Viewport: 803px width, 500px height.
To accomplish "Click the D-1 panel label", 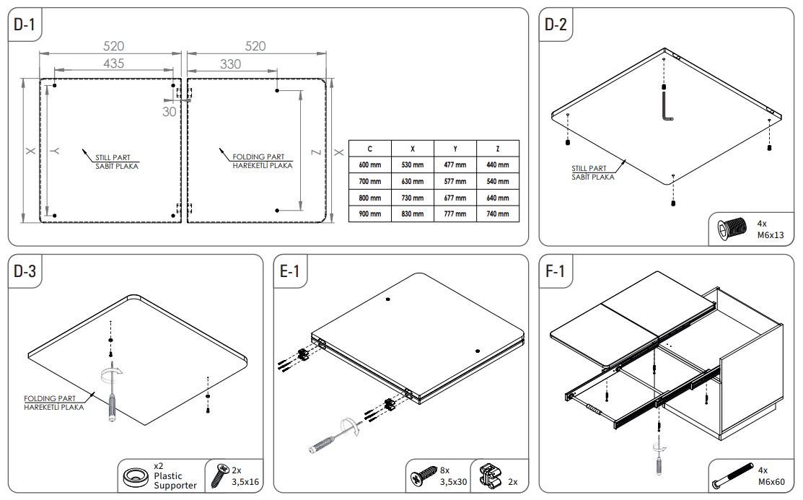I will click(24, 25).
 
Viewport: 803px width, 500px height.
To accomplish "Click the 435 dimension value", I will click(113, 63).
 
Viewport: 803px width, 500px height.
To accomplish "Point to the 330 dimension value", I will click(230, 63).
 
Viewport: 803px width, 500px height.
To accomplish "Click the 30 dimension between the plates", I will click(169, 111).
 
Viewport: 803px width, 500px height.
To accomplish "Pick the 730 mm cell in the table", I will click(412, 198).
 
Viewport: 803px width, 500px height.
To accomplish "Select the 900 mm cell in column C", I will click(369, 214).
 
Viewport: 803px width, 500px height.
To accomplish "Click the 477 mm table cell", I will click(455, 165).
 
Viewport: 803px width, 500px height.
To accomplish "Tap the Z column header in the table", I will click(497, 149).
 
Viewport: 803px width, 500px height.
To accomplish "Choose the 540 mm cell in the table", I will click(497, 181).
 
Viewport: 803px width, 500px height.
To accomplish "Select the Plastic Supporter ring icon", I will click(135, 476).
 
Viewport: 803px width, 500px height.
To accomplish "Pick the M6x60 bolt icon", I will click(731, 477).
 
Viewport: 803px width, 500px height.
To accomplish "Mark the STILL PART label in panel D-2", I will click(593, 172).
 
